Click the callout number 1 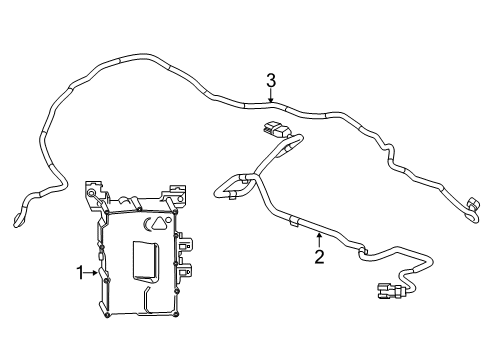tap(80, 271)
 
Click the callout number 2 tap(319, 258)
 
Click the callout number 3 tap(271, 80)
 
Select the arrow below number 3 tap(271, 97)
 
